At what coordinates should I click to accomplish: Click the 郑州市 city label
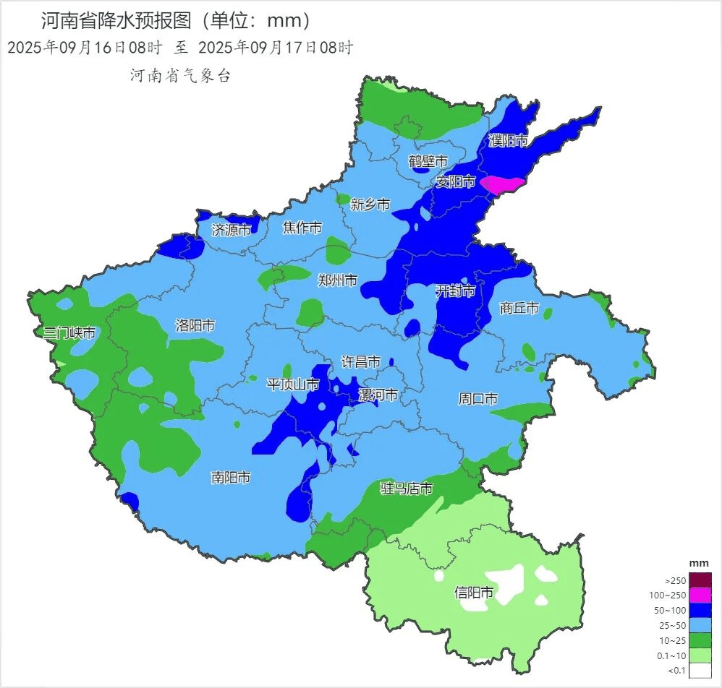(x=338, y=280)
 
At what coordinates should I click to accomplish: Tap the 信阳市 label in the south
(x=474, y=593)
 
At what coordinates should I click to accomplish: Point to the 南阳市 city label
(x=231, y=478)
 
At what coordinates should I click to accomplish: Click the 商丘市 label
(x=519, y=309)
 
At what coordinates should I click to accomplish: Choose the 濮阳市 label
(x=508, y=141)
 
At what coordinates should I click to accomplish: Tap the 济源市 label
(x=231, y=231)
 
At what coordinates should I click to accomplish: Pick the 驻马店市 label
(x=407, y=489)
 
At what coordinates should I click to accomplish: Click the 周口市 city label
(x=478, y=398)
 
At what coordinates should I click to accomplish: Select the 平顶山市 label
(x=293, y=384)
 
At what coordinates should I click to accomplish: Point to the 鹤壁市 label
(x=428, y=161)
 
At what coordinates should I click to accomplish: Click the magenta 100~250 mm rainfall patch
(x=503, y=185)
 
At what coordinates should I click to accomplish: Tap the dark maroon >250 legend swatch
(x=700, y=580)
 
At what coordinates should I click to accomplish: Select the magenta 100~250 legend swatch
(x=700, y=595)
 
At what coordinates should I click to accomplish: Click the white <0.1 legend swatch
(x=700, y=671)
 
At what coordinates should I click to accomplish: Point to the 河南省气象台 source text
(x=180, y=76)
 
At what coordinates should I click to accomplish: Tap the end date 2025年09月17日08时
(x=275, y=48)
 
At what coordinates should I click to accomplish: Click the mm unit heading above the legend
(x=699, y=563)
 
